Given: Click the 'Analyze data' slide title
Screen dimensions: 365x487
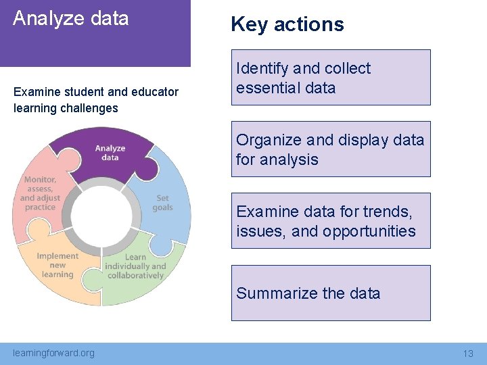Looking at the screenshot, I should [70, 18].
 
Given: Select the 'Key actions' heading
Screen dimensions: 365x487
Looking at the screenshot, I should [287, 24].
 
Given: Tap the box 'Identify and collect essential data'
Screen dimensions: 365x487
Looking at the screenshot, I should [331, 78].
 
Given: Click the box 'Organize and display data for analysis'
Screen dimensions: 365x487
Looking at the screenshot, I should [331, 149].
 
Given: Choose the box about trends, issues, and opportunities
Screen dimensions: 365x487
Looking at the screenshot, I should [331, 221].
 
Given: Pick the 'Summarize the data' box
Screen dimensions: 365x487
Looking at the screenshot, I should [331, 293].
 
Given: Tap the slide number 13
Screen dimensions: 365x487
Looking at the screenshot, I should [468, 354].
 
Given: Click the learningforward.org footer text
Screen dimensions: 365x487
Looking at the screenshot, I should [54, 353].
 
